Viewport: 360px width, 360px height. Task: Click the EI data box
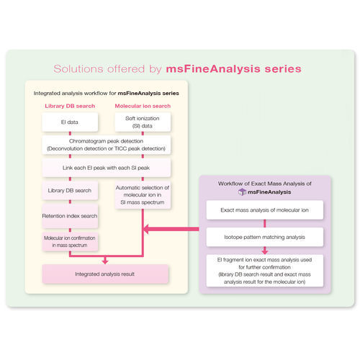[x=69, y=123]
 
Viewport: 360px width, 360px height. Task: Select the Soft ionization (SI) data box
[x=143, y=122]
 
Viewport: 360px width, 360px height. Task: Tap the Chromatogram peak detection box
[x=106, y=144]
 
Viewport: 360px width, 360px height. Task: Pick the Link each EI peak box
[x=106, y=167]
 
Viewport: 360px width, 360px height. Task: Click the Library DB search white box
[x=69, y=191]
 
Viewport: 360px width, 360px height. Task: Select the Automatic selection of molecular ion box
[x=143, y=194]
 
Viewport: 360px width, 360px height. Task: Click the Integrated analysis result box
[x=106, y=274]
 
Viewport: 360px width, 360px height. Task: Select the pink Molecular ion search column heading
[x=143, y=107]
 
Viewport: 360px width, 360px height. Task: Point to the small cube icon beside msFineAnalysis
[x=232, y=192]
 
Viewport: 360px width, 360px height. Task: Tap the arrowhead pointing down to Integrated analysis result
[x=106, y=261]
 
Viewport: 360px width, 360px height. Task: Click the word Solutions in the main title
[x=80, y=69]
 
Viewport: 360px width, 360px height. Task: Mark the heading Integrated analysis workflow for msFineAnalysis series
[x=106, y=94]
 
